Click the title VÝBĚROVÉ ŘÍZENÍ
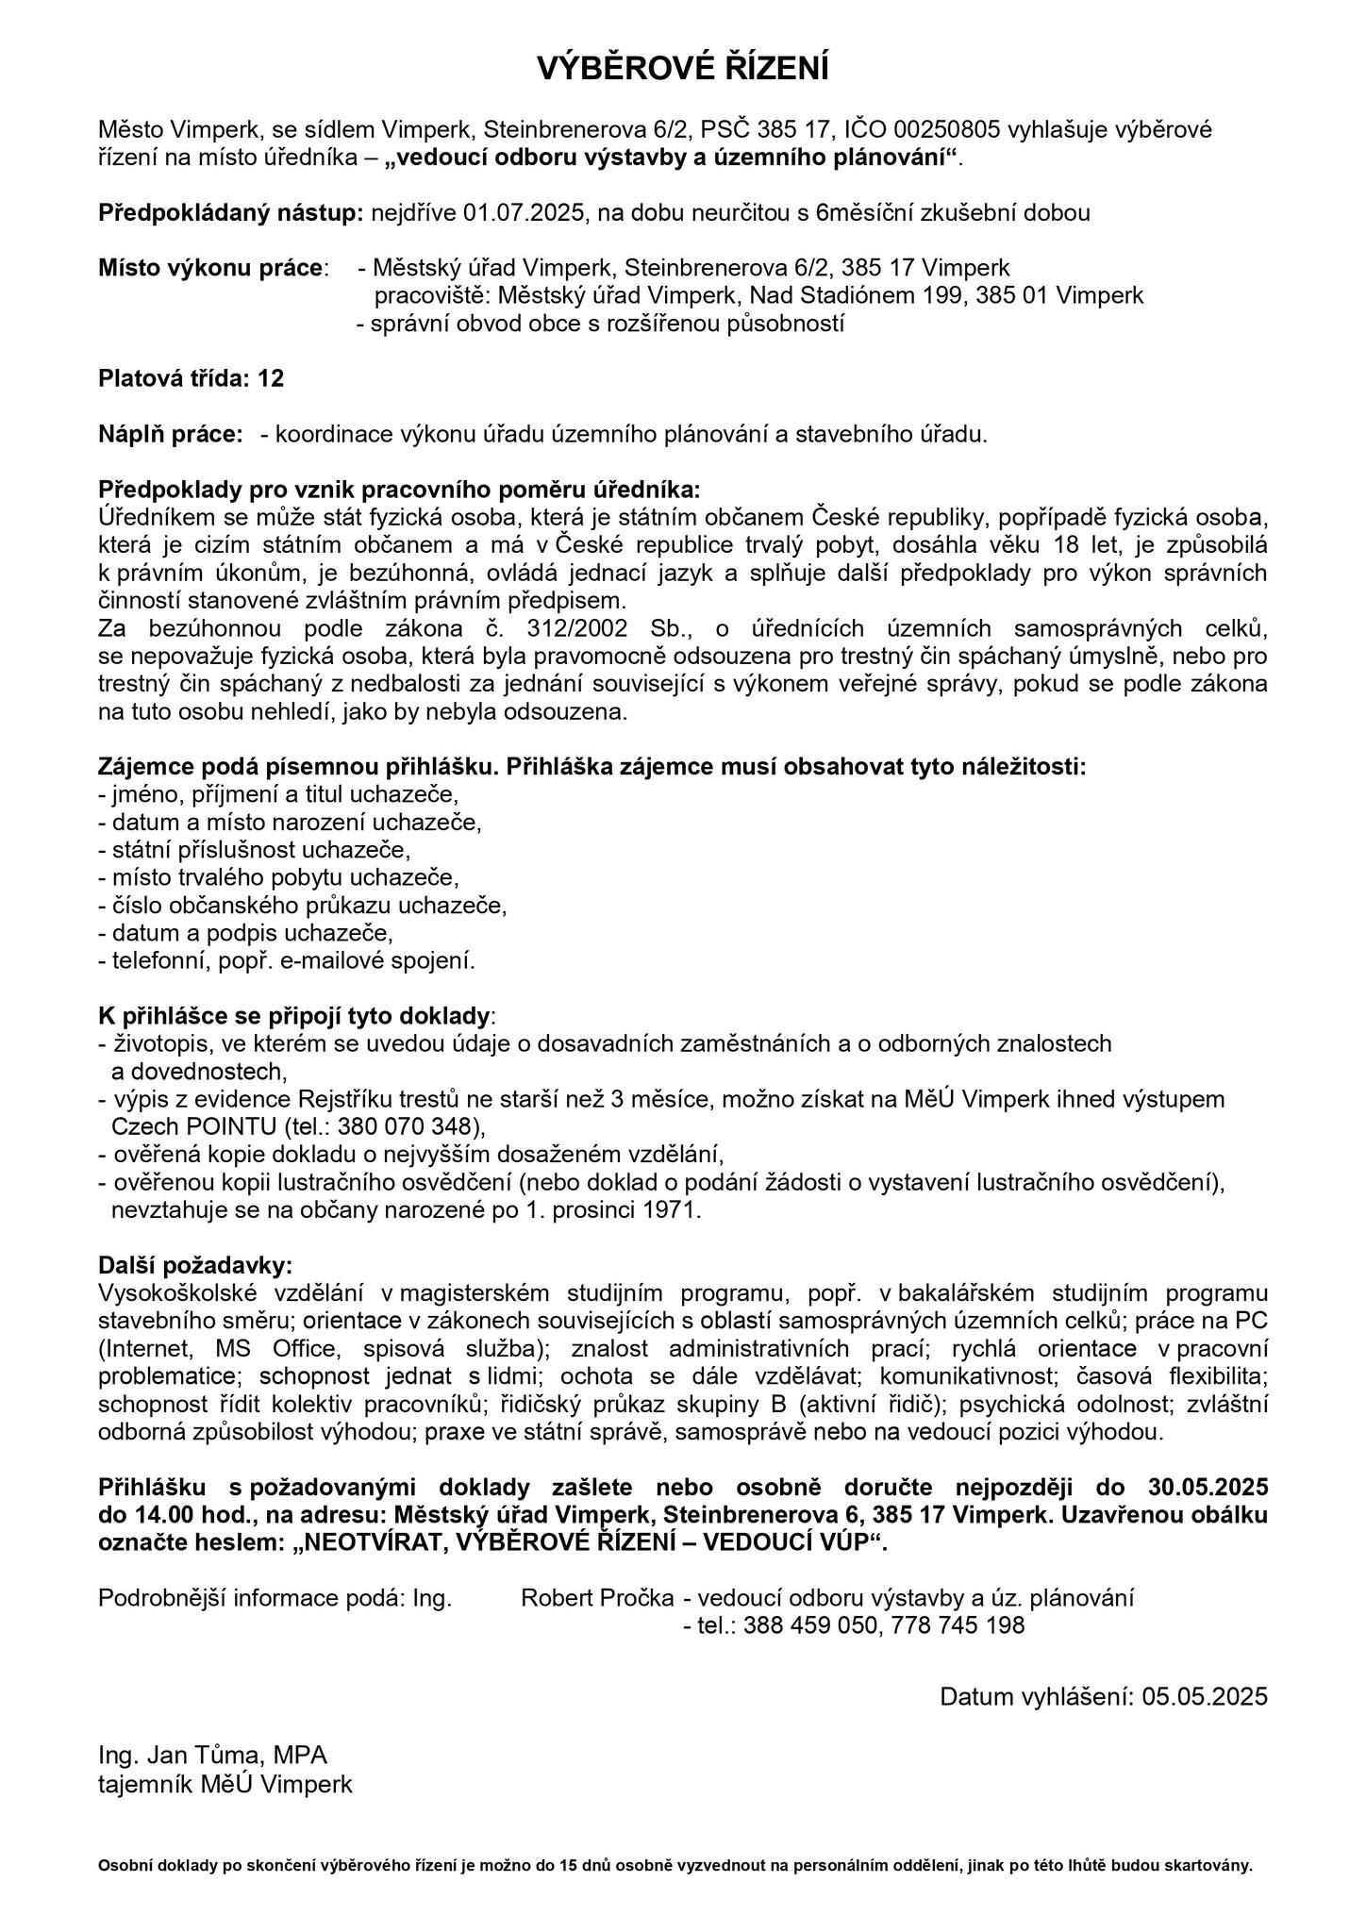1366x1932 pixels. pos(682,69)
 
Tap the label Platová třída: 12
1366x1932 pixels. pos(192,378)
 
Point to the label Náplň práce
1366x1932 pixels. pos(171,434)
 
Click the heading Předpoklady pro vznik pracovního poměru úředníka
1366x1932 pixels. pos(400,490)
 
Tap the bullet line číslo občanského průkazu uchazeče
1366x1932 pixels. pos(303,906)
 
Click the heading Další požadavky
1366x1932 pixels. pos(195,1265)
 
